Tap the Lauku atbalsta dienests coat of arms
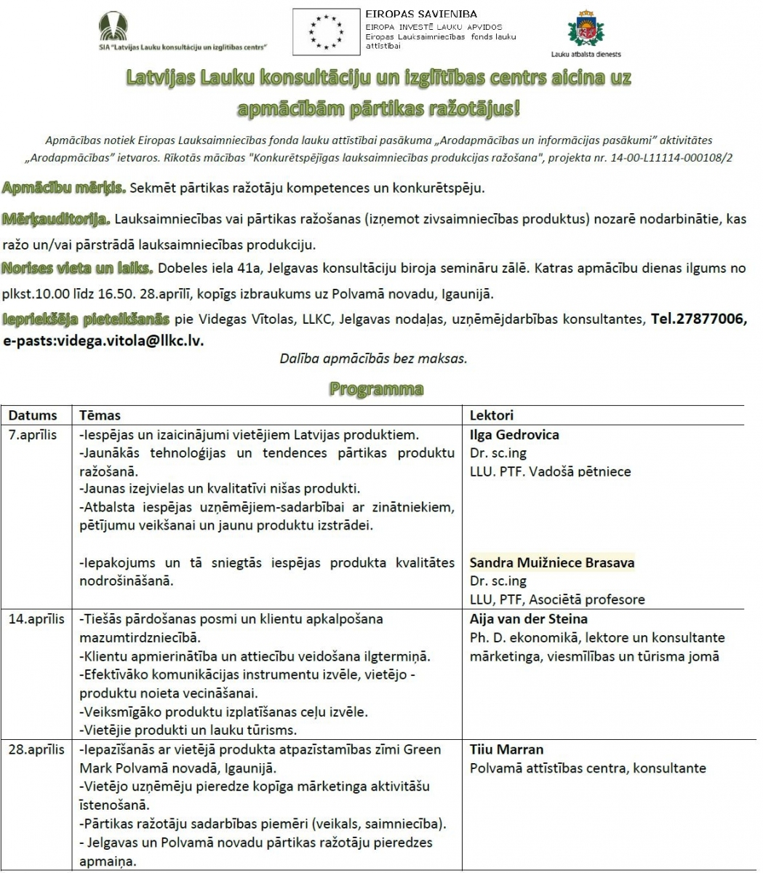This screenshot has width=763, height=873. (586, 30)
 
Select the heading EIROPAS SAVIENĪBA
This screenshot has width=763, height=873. (411, 14)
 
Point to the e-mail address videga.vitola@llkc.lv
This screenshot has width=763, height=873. (103, 340)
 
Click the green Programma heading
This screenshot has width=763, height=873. (376, 388)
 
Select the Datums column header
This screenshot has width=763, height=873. (33, 415)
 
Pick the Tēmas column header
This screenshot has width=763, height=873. (100, 415)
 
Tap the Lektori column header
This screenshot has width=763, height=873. (491, 415)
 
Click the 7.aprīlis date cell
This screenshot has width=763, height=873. (33, 435)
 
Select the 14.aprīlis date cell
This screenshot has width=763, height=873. (36, 619)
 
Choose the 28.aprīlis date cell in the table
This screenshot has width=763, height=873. (36, 749)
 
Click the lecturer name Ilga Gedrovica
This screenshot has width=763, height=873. (514, 435)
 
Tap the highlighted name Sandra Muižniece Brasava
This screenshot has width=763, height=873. (551, 562)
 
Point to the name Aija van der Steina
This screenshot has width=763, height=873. (528, 619)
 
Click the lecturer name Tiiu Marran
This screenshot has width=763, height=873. (506, 749)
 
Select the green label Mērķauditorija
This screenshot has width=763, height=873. (56, 218)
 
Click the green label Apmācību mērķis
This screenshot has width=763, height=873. (64, 188)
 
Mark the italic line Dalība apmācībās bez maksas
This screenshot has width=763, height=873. (373, 359)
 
